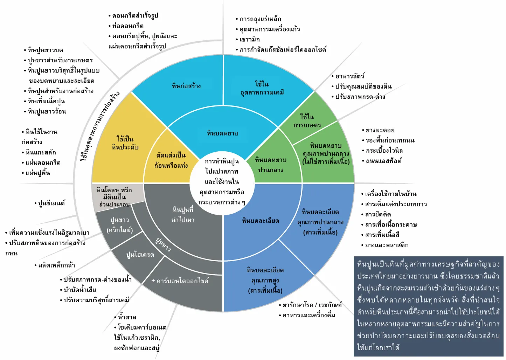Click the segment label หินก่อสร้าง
coord(186,86)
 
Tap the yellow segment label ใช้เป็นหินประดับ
coord(125,143)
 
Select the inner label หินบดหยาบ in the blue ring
coord(223,133)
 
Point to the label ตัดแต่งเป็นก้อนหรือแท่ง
coord(171,160)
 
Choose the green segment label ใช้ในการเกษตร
coord(307,121)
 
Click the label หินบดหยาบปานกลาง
coord(271,165)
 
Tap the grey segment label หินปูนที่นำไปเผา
coord(183,215)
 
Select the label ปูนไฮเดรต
coord(140,255)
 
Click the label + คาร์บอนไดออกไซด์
coord(180,281)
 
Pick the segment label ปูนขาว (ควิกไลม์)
coord(120,225)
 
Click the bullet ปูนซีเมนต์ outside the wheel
coord(51,203)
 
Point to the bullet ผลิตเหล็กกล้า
coord(56,265)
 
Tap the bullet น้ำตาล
coord(127,317)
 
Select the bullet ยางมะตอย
coord(380,130)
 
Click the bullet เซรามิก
coord(249,39)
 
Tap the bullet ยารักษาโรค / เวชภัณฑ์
coord(312,305)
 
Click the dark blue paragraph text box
coord(428,306)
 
